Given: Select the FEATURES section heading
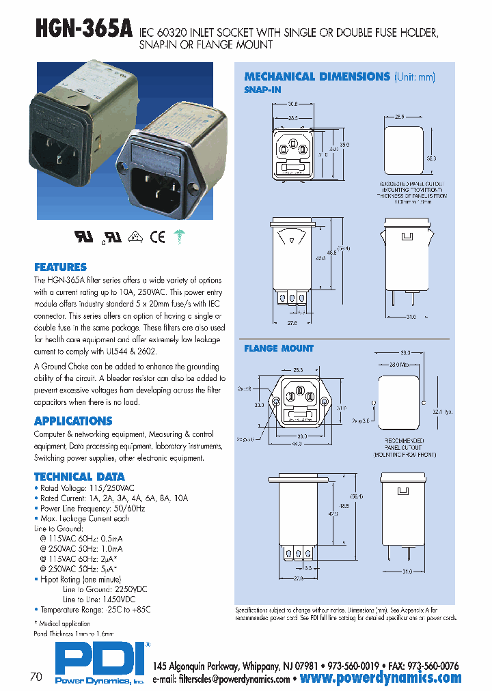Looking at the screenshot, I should pos(60,267).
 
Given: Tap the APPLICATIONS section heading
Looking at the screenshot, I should pos(72,421).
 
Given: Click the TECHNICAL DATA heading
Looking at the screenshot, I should pos(79,477).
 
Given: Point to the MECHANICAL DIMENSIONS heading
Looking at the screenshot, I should pos(316,76).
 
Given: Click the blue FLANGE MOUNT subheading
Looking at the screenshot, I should pos(279,348).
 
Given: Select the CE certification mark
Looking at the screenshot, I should pos(157,237).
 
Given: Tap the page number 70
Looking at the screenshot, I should pos(36,677).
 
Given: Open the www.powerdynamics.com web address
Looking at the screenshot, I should pos(381,678).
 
